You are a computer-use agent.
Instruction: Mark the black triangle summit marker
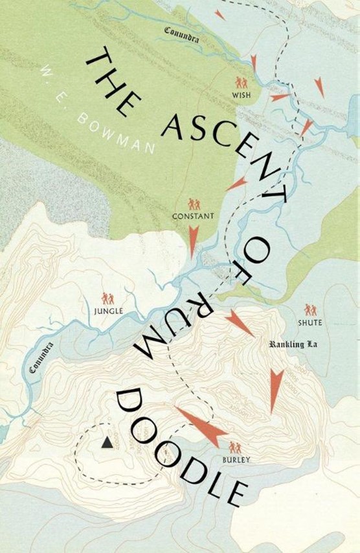tap(106, 443)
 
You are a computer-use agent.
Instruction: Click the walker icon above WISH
tap(242, 83)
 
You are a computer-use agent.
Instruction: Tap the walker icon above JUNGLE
tap(107, 299)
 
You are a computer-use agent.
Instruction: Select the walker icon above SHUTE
tap(311, 310)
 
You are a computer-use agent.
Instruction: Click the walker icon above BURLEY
tap(234, 447)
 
